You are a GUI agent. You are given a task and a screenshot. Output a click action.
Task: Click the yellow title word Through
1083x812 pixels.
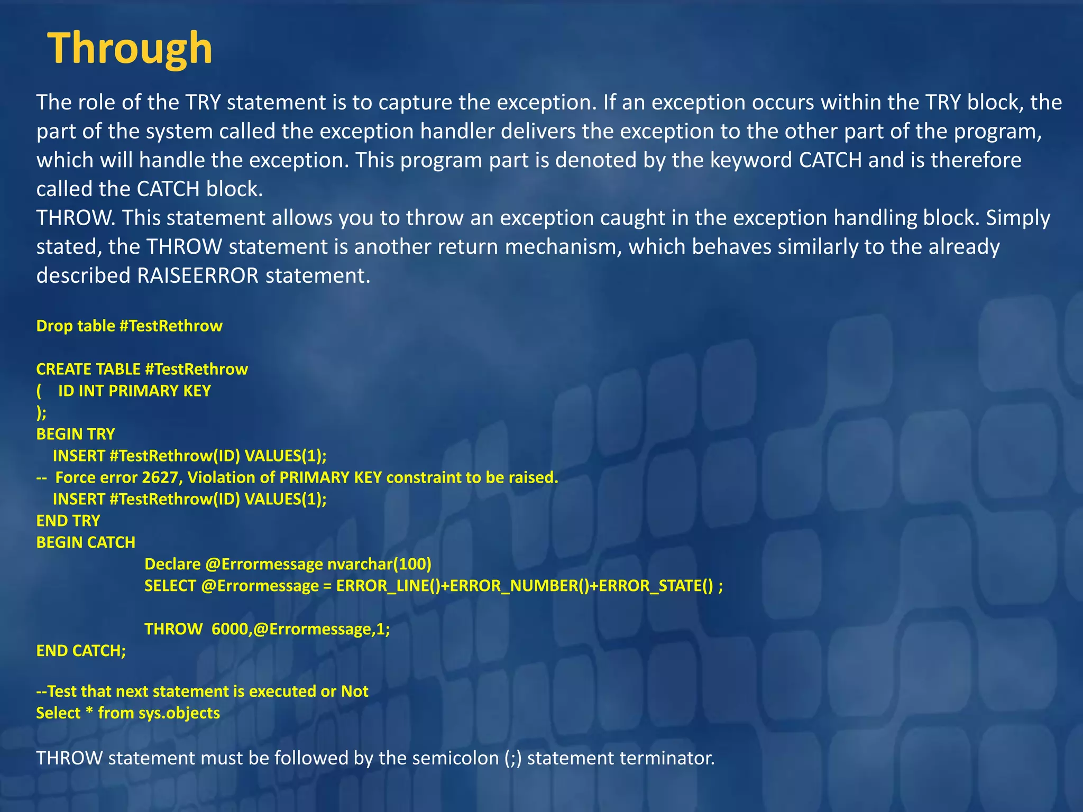(x=130, y=49)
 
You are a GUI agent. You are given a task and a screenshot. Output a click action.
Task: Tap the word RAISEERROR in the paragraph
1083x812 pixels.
(x=198, y=275)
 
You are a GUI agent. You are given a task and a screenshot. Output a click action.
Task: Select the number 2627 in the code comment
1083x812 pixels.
(x=161, y=477)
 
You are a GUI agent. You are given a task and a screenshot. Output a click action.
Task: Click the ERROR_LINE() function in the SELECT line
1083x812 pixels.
(x=388, y=586)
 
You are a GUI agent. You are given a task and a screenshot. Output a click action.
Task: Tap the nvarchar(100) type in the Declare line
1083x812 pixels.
(x=379, y=564)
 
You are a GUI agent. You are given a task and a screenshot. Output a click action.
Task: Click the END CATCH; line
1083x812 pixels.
(x=81, y=651)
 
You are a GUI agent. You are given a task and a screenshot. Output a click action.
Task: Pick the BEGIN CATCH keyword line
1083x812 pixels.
(x=86, y=542)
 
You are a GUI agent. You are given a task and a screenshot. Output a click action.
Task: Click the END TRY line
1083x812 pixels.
(x=68, y=521)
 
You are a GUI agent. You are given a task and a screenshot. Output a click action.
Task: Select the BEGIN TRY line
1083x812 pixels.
(x=76, y=434)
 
